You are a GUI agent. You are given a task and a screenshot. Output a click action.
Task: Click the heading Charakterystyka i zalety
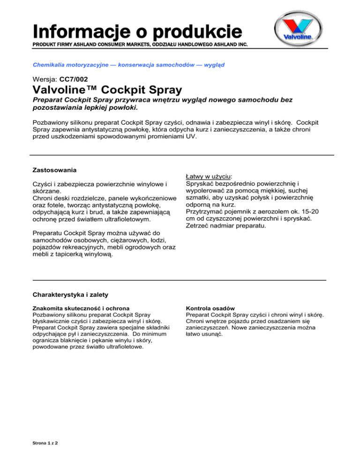coord(70,295)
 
